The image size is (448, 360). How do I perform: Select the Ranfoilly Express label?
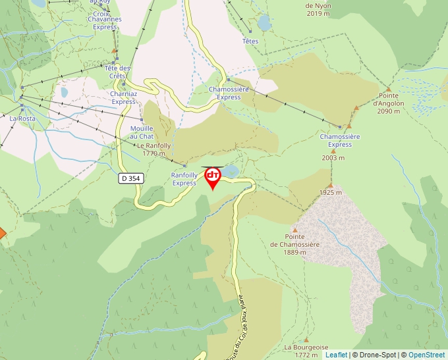coord(184,179)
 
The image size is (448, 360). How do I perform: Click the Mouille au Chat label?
coord(142,132)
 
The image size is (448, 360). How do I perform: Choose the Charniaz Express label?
coord(123,97)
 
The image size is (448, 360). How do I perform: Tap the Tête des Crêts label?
coord(118,72)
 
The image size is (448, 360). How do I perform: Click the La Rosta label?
coord(22,118)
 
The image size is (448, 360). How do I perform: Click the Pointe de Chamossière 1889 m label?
coord(294,244)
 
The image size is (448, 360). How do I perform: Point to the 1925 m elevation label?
coord(331,192)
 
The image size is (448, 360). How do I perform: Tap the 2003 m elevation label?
coord(333,158)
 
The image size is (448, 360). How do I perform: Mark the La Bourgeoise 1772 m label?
coord(302,351)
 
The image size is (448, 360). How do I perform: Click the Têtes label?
coord(250,41)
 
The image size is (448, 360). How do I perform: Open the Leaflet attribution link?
coord(336,355)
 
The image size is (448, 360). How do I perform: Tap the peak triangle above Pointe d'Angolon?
coord(389,90)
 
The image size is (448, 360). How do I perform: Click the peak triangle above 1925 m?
coord(331,184)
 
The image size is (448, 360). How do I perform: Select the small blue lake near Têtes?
coord(264,24)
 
